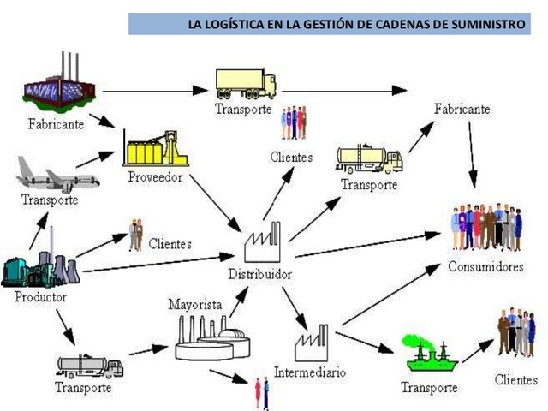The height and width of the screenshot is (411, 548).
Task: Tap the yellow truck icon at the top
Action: click(246, 83)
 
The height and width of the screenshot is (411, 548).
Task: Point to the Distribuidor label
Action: click(259, 275)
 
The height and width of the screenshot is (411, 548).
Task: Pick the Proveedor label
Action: click(154, 177)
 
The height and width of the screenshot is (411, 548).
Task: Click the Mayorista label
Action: click(195, 304)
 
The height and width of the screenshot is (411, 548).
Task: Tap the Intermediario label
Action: click(310, 372)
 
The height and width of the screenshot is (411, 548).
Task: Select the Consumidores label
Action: click(485, 266)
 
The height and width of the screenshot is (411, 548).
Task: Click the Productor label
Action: click(40, 297)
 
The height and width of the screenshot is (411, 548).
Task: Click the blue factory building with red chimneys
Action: click(59, 86)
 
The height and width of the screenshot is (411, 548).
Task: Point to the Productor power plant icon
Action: click(39, 260)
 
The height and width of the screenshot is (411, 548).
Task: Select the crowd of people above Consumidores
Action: click(485, 228)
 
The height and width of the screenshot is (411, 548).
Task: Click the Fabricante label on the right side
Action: click(462, 110)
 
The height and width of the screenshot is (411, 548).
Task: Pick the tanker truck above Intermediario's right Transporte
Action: click(369, 158)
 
